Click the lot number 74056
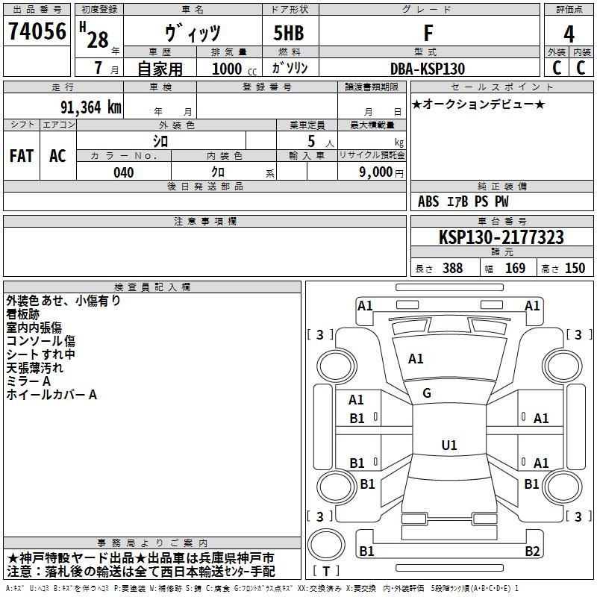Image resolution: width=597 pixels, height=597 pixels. point(37,31)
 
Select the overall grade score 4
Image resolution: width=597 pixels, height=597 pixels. point(569,34)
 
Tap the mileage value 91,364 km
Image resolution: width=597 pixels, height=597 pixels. point(91,107)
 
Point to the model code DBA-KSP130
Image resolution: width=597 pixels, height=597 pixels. point(428,69)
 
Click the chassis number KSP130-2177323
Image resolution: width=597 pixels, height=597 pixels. point(501,237)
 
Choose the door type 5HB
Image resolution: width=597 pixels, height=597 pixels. point(289,33)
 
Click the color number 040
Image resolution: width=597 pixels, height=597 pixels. point(124,172)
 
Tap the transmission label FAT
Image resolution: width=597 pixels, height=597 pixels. point(22,156)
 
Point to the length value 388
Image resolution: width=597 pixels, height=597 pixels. point(453,268)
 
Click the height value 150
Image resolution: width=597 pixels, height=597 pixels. point(575,268)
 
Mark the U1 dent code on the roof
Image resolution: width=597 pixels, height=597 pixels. point(449,445)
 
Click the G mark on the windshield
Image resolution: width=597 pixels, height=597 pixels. point(427,393)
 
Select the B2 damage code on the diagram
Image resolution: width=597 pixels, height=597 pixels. point(532,551)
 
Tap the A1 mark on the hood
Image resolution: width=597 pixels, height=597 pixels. point(416,359)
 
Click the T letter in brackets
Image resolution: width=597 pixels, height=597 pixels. point(326,571)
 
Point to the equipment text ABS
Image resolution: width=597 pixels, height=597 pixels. point(428,201)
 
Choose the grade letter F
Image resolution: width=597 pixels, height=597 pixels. point(428,33)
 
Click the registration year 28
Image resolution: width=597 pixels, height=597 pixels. point(98,40)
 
